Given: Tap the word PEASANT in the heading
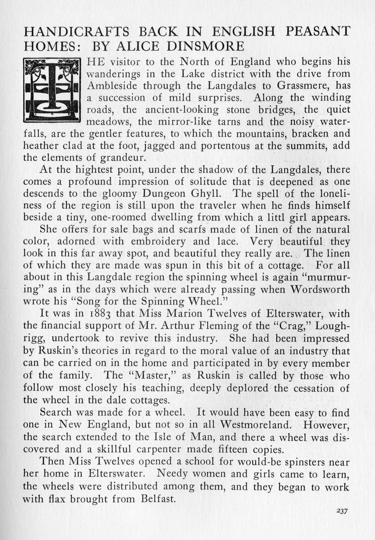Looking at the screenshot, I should pos(318,31).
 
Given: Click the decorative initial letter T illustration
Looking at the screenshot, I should pos(52,90).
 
